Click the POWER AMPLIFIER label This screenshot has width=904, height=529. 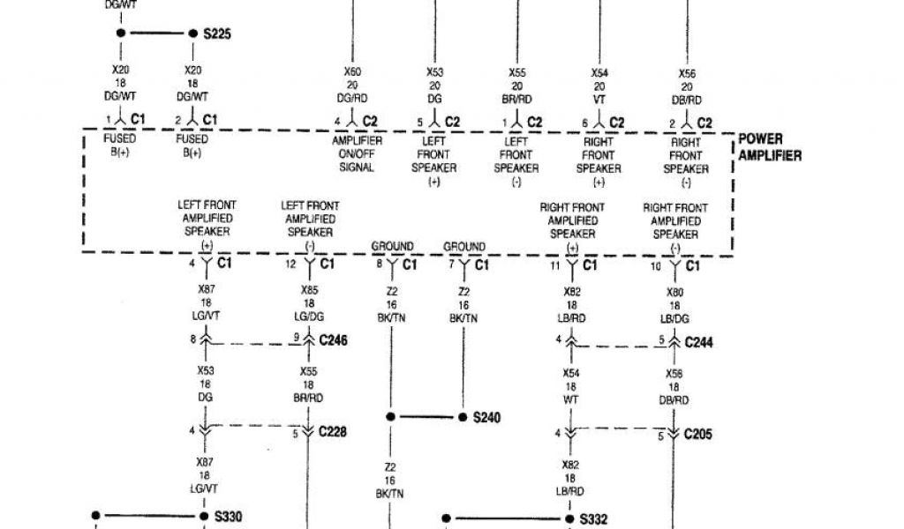[770, 148]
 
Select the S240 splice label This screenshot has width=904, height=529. [486, 418]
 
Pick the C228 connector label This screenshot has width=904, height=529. [333, 432]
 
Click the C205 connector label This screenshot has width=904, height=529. [698, 434]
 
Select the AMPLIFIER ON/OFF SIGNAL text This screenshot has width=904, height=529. [356, 154]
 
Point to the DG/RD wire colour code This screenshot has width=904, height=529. [352, 99]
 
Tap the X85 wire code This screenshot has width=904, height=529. [308, 290]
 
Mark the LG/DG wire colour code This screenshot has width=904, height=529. [308, 315]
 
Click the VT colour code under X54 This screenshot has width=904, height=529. [599, 99]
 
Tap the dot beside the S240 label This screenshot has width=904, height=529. [462, 417]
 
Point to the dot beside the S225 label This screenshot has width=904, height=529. [192, 34]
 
